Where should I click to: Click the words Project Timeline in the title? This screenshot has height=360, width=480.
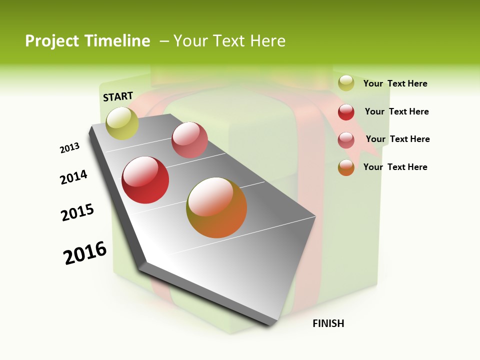[87, 41]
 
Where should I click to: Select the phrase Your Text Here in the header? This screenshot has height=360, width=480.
[229, 41]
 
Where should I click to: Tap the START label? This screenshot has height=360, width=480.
[118, 96]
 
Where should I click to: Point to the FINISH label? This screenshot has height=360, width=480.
[328, 323]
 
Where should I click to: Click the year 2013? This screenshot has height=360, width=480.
[69, 148]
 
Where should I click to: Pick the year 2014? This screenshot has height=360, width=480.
[73, 177]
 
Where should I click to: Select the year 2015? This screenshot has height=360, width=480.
[77, 212]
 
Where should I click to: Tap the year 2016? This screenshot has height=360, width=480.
[85, 253]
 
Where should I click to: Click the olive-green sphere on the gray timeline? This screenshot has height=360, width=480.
[122, 123]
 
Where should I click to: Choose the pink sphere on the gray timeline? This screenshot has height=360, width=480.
[189, 140]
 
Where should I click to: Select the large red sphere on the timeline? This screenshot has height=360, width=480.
[145, 180]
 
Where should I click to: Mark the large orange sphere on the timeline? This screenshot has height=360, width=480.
[216, 207]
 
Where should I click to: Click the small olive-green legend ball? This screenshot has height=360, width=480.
[346, 83]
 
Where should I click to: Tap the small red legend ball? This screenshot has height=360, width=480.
[346, 112]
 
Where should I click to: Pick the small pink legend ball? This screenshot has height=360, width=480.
[346, 140]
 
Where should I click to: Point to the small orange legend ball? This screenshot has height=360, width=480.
[346, 167]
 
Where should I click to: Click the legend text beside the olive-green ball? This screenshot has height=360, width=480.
[395, 83]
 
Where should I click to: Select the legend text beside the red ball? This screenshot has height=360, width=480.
[396, 111]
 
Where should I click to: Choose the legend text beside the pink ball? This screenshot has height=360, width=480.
[397, 139]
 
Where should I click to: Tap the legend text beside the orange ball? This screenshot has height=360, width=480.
[395, 167]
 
